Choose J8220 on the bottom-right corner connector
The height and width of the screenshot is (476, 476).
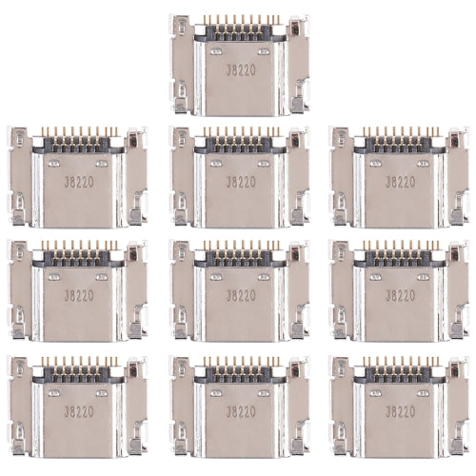click(x=402, y=413)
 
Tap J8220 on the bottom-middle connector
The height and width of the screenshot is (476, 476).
click(x=239, y=413)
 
